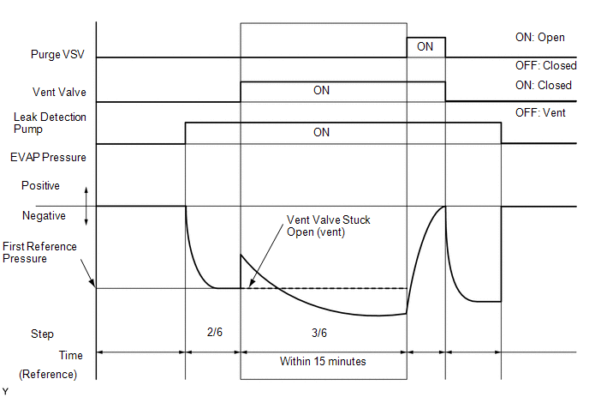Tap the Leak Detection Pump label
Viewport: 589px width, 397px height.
pos(50,123)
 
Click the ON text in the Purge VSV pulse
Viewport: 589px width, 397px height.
pos(425,47)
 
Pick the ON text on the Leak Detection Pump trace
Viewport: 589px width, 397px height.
pos(321,133)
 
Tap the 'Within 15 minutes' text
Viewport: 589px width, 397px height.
pos(323,361)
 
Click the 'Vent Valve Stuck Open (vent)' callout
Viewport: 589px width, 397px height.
pos(316,226)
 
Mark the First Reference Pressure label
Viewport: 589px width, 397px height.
pos(39,252)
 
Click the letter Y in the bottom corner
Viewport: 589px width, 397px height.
pos(6,390)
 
